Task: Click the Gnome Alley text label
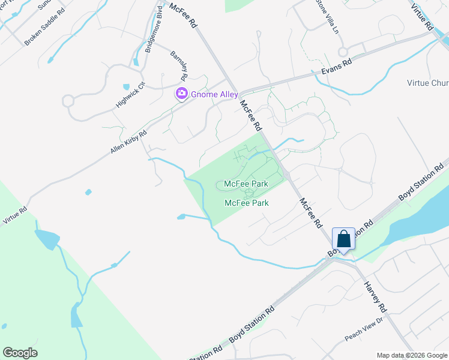(214, 94)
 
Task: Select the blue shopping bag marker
(344, 239)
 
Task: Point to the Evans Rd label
(336, 67)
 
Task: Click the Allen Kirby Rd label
(128, 142)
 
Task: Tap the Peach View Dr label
(364, 329)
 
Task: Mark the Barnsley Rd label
(179, 65)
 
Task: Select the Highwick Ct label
(130, 95)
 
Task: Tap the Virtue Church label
(428, 83)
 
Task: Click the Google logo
(20, 353)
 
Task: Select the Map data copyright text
(411, 355)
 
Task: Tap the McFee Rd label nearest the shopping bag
(310, 213)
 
